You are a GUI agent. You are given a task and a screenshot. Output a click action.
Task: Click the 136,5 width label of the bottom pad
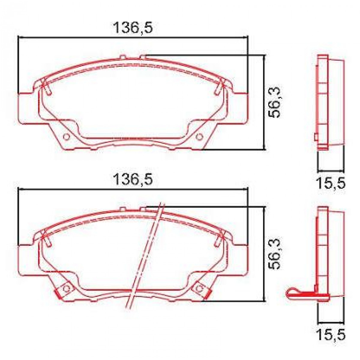(133, 179)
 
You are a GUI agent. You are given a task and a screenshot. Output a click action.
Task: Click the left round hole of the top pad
(66, 137)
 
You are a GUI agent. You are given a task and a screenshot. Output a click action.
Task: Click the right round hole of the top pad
(199, 137)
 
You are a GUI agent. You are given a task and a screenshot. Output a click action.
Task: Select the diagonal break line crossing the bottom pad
(146, 255)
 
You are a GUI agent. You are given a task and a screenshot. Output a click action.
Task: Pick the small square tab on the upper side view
(316, 137)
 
